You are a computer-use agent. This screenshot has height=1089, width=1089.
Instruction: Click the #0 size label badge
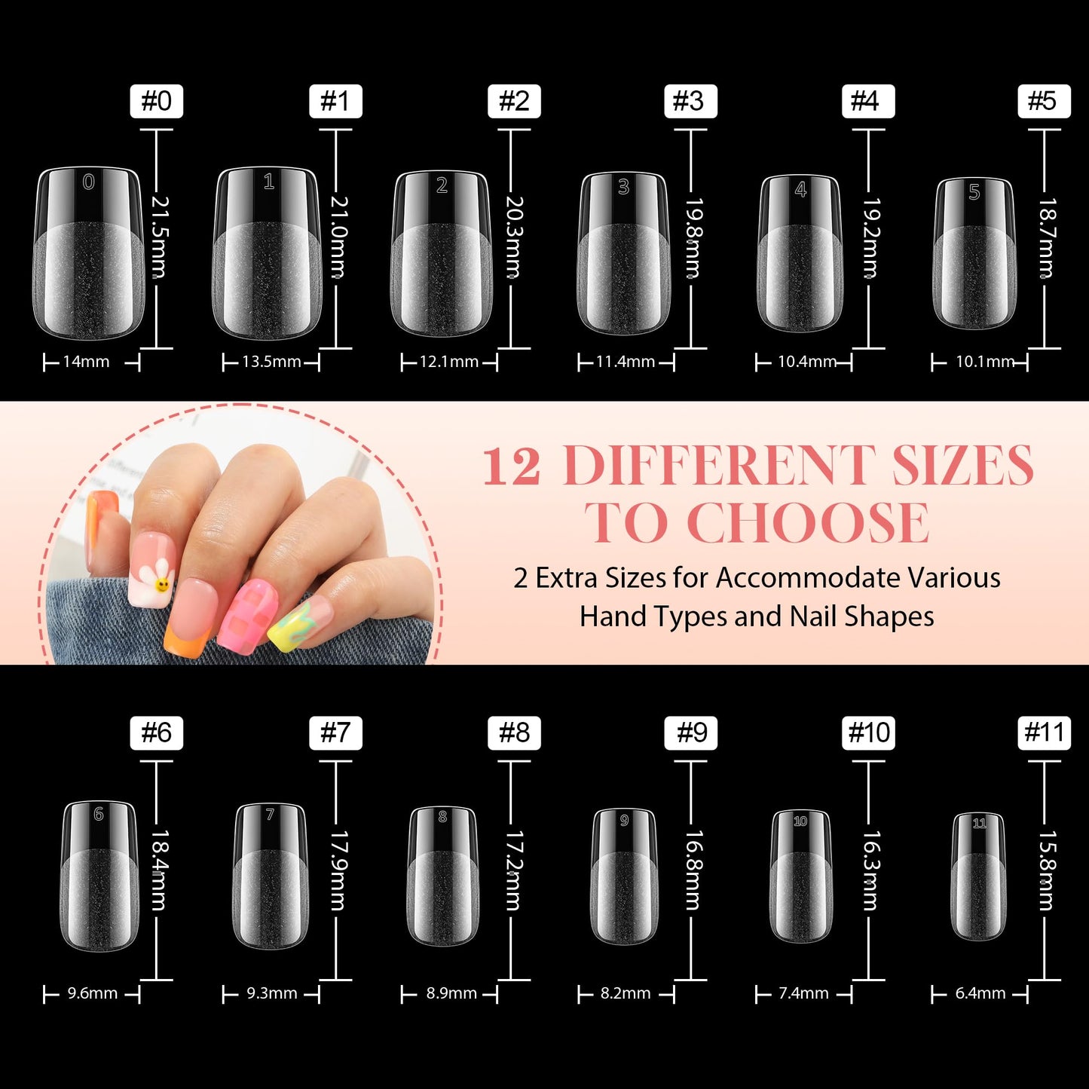coord(157,101)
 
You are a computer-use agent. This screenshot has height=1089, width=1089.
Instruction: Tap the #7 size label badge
coord(335,733)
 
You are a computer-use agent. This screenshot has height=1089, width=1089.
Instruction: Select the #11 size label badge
coord(1044,733)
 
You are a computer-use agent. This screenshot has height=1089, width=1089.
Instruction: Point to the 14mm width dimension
coord(86,362)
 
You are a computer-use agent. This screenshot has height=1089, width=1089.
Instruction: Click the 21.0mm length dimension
coord(339,237)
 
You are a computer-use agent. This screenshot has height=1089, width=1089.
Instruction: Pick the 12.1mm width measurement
coord(449,362)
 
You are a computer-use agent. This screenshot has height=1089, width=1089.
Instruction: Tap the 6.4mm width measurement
coord(980,993)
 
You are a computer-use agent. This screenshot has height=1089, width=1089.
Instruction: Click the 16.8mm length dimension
coord(694,870)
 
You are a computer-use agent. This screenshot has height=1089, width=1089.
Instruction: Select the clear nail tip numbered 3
coord(623,254)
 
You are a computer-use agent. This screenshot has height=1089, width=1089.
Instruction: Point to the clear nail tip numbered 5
coord(974,254)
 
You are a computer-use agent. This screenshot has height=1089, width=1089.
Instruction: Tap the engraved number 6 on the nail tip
coord(99,814)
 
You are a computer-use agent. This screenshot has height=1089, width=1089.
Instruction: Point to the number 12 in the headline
coord(512,466)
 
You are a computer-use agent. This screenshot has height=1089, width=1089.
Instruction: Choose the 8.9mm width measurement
coord(451,993)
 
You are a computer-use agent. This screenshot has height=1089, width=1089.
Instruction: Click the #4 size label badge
coord(867,101)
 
